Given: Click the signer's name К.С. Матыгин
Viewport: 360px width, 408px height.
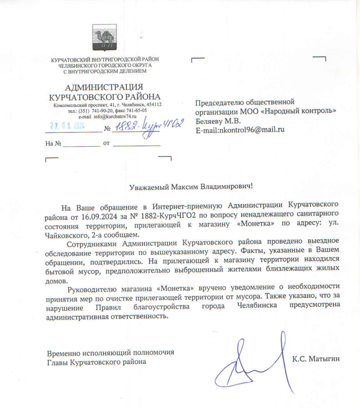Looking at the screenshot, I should pyautogui.click(x=315, y=359).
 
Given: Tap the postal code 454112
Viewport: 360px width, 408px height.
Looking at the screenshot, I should pyautogui.click(x=151, y=105).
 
